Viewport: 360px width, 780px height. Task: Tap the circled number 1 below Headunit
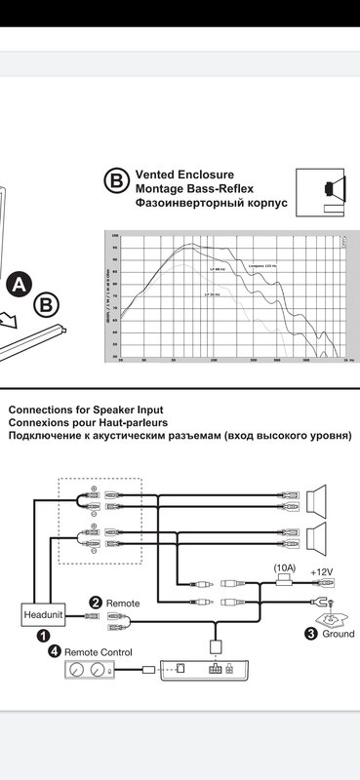[x=43, y=635]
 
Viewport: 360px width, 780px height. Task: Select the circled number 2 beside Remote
[x=95, y=604]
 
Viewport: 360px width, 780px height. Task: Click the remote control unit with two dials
[x=88, y=670]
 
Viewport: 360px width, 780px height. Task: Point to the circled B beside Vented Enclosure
[x=116, y=181]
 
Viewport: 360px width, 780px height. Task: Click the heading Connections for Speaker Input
[x=86, y=409]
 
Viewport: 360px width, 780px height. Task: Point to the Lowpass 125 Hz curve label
[x=264, y=263]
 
